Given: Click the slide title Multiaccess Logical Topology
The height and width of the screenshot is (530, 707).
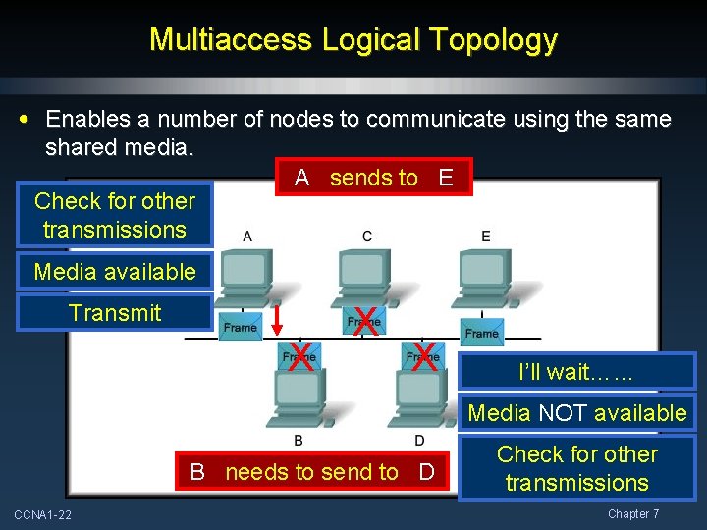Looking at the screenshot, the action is pyautogui.click(x=353, y=40).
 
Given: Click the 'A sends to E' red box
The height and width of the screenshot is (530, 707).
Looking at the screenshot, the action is pyautogui.click(x=373, y=178).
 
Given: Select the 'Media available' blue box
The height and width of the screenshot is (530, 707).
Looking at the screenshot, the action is pyautogui.click(x=115, y=272).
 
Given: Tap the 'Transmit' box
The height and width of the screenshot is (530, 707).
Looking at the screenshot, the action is pyautogui.click(x=115, y=313).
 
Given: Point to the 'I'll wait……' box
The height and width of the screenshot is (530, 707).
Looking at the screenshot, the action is pyautogui.click(x=576, y=372).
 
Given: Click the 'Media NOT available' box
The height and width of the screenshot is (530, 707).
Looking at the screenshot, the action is pyautogui.click(x=576, y=413).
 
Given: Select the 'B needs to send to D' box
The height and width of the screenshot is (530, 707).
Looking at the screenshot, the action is pyautogui.click(x=312, y=472).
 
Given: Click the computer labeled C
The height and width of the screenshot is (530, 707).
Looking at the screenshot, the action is pyautogui.click(x=365, y=278).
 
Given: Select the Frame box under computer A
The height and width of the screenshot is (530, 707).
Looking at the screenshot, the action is pyautogui.click(x=241, y=327).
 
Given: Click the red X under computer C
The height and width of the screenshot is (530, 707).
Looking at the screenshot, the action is pyautogui.click(x=365, y=320).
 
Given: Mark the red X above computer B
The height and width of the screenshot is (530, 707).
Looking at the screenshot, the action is pyautogui.click(x=300, y=357).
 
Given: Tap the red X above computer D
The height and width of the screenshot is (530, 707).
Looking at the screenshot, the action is pyautogui.click(x=424, y=357).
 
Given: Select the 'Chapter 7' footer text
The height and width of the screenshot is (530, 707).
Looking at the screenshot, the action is pyautogui.click(x=633, y=514).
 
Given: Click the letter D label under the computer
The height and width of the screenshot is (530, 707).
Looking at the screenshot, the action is pyautogui.click(x=419, y=440).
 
